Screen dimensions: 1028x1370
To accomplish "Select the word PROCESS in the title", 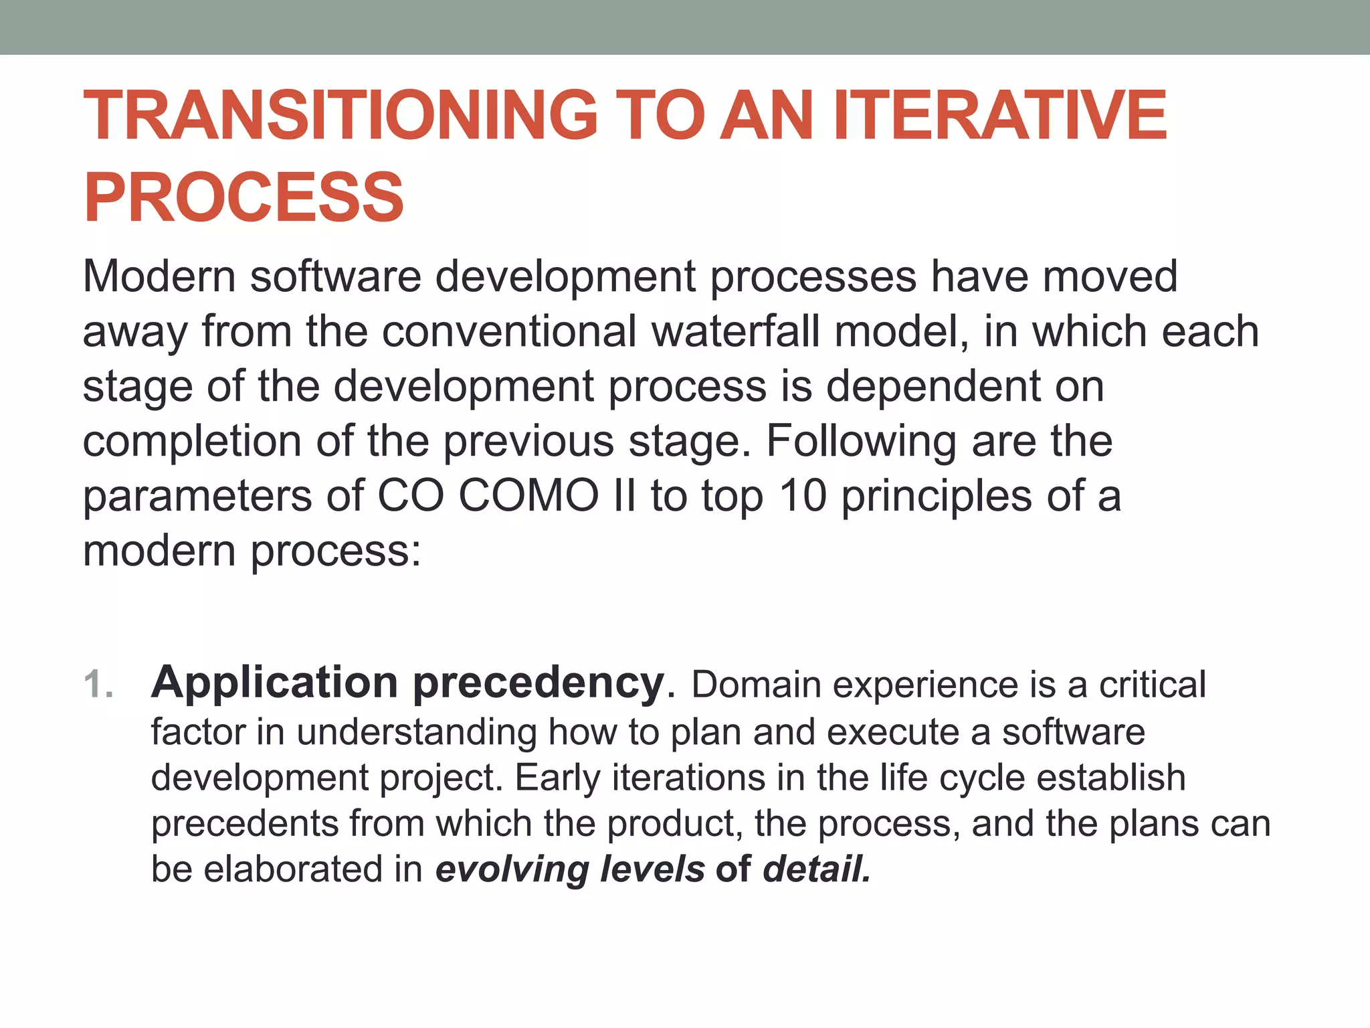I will pos(243,197).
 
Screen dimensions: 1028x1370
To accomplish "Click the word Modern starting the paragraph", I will pos(159,276).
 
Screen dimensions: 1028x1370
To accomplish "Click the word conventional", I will pos(508,331).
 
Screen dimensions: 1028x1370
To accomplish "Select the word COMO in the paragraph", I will pos(528,496).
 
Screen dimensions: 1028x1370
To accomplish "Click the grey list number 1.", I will pos(98,685).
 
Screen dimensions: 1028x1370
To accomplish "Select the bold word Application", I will pos(274,684).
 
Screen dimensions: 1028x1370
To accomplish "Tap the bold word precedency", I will pos(539,684).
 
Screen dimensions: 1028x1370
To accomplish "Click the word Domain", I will pos(756,685).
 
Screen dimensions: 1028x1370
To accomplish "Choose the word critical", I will pos(1152,685).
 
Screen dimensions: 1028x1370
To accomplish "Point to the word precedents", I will pos(245,824).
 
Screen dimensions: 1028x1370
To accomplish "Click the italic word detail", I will pos(817,869).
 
